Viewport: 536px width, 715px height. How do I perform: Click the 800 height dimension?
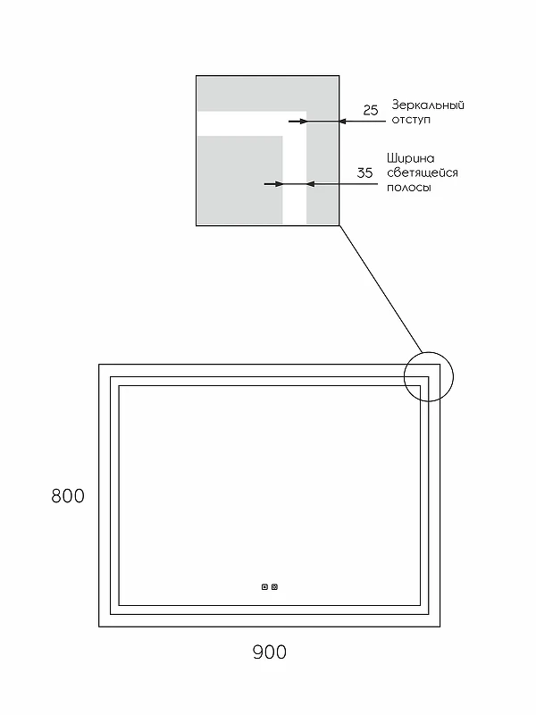[x=68, y=496]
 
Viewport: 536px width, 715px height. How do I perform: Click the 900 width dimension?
[x=270, y=652]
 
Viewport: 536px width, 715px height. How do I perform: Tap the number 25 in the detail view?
[x=371, y=110]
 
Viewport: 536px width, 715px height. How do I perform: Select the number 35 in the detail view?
[x=364, y=172]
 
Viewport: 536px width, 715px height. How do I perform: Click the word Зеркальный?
[x=428, y=105]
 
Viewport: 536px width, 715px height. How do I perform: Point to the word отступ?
[x=411, y=120]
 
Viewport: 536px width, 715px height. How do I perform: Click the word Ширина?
[x=411, y=158]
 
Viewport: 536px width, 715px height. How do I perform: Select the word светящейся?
[x=423, y=172]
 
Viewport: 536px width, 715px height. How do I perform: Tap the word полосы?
[x=409, y=188]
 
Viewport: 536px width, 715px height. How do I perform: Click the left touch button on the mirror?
[x=264, y=587]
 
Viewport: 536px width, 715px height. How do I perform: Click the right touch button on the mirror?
[x=274, y=587]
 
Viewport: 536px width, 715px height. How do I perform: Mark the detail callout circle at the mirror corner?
[x=429, y=352]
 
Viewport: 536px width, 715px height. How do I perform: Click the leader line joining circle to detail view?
[x=381, y=289]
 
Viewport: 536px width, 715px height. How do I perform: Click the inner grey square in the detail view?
[x=240, y=180]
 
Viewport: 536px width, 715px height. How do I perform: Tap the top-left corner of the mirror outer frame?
[x=99, y=365]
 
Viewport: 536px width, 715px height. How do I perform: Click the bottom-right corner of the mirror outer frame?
[x=440, y=627]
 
